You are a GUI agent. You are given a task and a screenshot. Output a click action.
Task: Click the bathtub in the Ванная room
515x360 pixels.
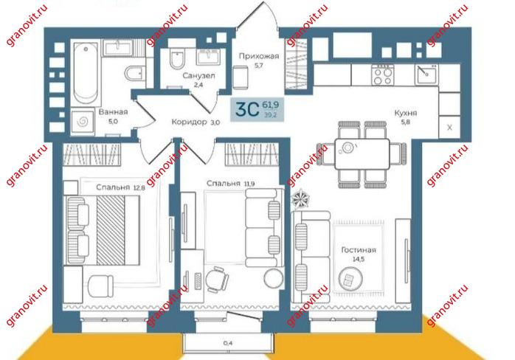(x=86, y=73)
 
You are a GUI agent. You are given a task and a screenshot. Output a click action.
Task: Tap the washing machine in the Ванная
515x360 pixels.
(x=83, y=122)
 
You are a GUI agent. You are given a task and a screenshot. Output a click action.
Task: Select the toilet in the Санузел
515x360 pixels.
(x=177, y=59)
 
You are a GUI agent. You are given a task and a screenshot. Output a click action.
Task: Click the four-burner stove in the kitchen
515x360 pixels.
(x=383, y=75)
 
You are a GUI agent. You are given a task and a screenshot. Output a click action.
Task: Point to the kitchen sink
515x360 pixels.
(x=426, y=75)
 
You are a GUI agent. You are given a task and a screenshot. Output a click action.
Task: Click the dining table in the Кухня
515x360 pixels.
(x=362, y=153)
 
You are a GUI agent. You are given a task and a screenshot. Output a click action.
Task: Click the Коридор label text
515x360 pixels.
(x=190, y=122)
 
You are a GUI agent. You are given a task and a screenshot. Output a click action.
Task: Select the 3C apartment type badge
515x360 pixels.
(x=257, y=109)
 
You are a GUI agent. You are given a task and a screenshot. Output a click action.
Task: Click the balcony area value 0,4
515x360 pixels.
(x=228, y=343)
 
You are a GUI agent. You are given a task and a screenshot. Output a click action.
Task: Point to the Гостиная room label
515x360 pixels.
(x=359, y=250)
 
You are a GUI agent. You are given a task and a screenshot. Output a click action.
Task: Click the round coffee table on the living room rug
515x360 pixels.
(x=350, y=279)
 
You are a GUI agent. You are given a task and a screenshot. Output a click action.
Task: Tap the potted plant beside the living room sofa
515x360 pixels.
(x=301, y=198)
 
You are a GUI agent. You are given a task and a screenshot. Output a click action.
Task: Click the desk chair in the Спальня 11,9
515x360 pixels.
(x=217, y=280)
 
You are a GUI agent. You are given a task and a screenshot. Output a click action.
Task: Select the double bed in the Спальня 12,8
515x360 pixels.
(x=103, y=230)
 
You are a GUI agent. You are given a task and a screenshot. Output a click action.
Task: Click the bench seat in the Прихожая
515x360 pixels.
(x=241, y=77)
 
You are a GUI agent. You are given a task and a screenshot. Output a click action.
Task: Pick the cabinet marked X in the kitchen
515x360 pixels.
(x=449, y=127)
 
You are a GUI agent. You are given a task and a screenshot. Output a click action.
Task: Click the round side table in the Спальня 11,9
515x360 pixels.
(x=274, y=279)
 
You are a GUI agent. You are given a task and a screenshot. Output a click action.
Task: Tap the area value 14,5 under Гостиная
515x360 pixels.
(x=359, y=259)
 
